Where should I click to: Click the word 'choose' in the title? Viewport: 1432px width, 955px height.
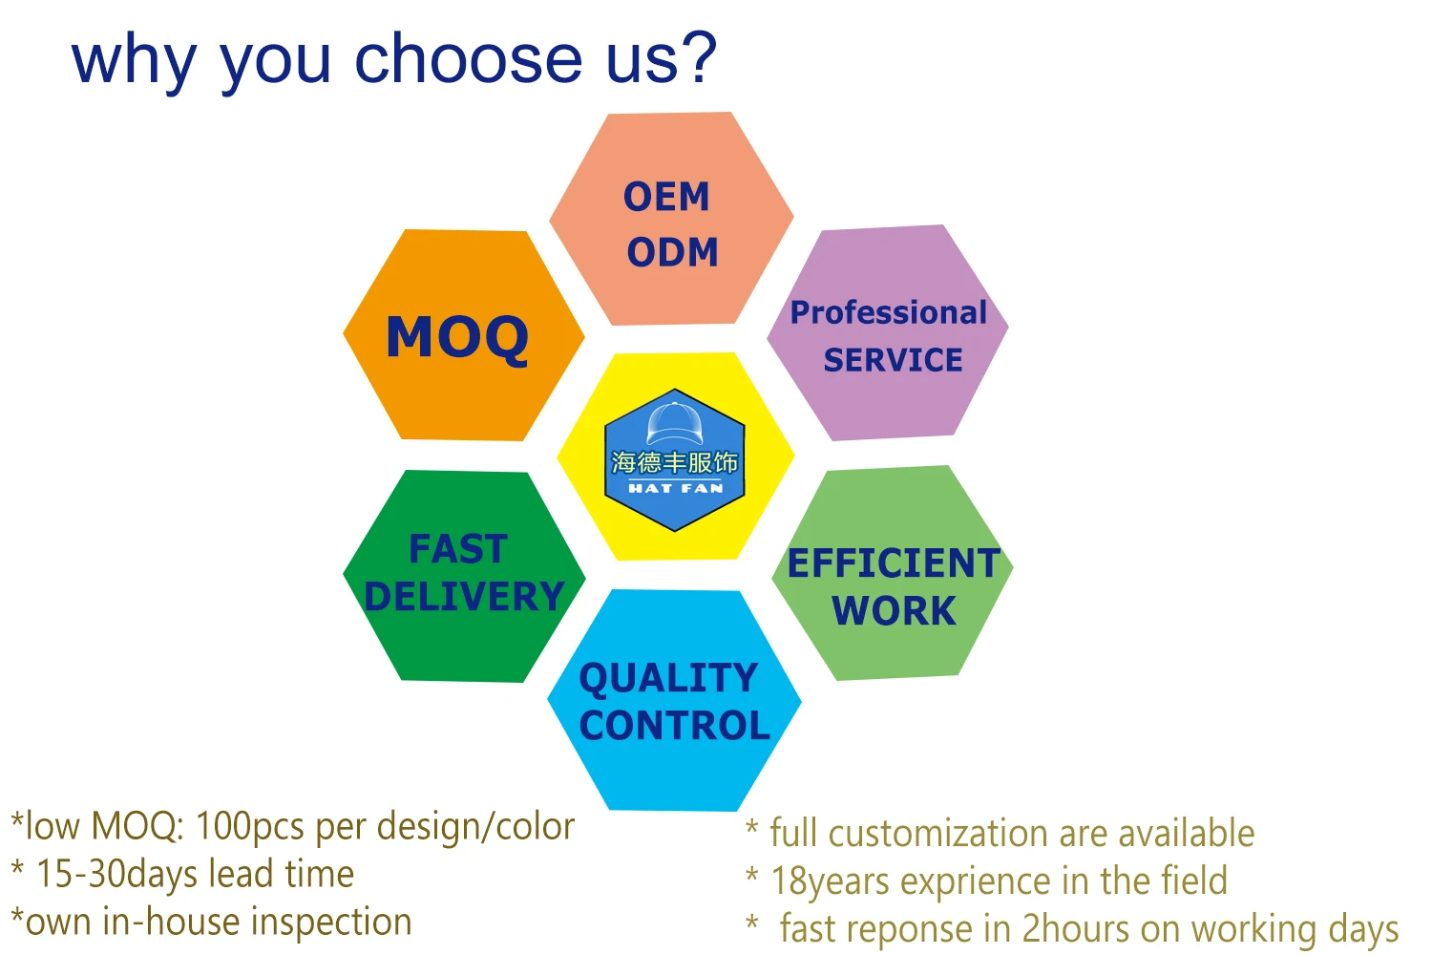coord(468,59)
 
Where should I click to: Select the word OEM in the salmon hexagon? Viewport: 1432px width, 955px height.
coord(666,197)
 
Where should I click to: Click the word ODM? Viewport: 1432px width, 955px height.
coord(672,252)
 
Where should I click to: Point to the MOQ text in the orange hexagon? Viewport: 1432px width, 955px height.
coord(457,338)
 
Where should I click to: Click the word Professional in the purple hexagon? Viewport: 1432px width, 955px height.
coord(889,312)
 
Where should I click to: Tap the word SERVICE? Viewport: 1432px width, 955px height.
coord(893,359)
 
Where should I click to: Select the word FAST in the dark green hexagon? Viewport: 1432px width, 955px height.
coord(458,549)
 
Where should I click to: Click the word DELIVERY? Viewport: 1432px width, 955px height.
coord(463,596)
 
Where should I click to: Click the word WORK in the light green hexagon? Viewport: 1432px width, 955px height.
coord(894,610)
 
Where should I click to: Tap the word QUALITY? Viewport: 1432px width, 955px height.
coord(668,678)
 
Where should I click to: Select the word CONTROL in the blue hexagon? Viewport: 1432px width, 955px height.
coord(674,726)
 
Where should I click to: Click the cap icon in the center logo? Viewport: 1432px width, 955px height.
coord(674,422)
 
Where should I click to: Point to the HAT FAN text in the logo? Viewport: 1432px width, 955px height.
coord(676,488)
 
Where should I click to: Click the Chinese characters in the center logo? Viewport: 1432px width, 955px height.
coord(674,462)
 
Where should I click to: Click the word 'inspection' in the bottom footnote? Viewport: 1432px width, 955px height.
coord(331,923)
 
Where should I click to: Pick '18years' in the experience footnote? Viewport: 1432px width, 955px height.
coord(831,881)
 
